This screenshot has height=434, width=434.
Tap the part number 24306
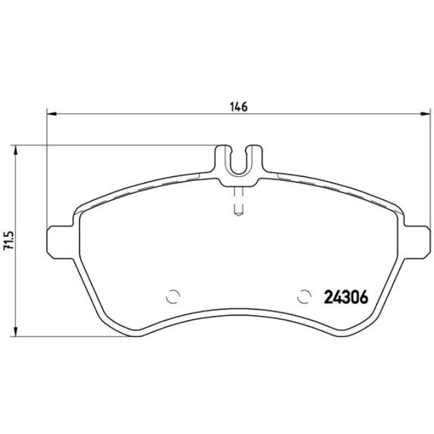(x=346, y=297)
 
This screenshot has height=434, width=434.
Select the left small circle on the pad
(x=174, y=296)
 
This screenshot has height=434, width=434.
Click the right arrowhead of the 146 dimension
(x=425, y=113)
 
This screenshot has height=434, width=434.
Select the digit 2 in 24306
(x=328, y=297)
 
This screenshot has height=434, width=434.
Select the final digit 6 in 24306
(x=364, y=297)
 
